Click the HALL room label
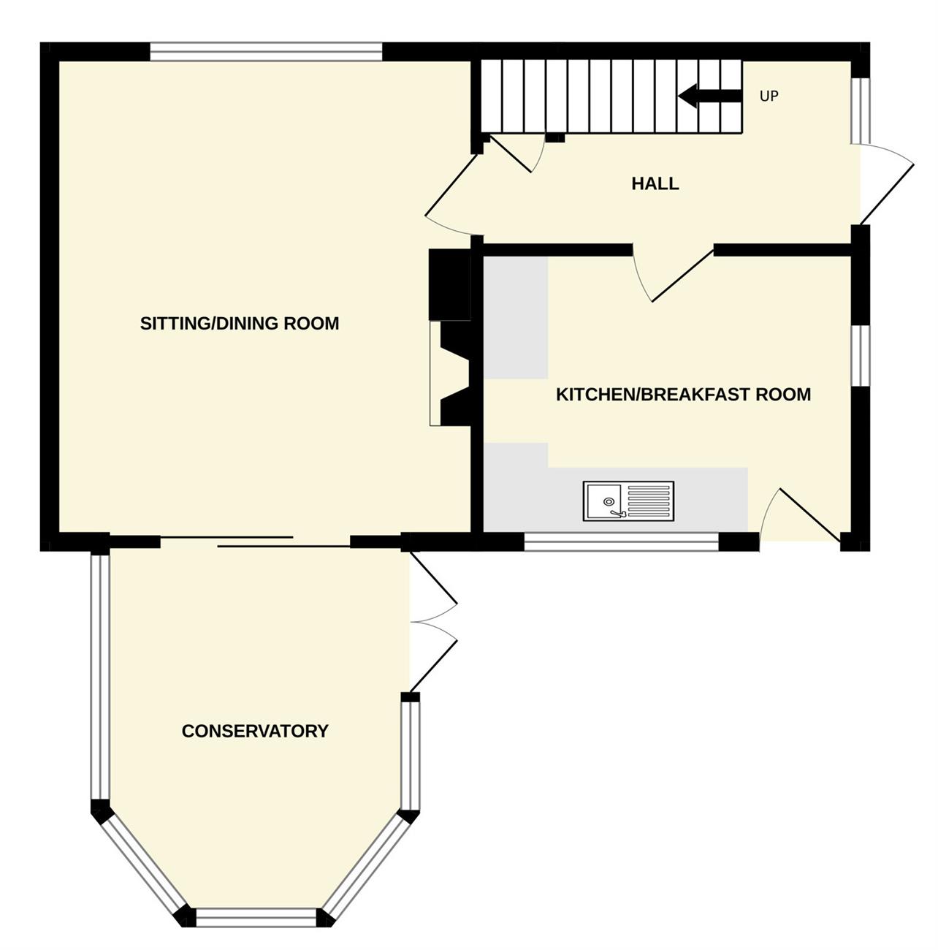[x=655, y=184]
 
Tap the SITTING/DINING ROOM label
[x=240, y=324]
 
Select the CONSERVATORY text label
[x=255, y=731]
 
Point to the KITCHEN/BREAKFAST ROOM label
[x=683, y=395]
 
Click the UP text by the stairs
[x=769, y=96]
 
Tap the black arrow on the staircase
[x=710, y=96]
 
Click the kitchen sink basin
[x=603, y=501]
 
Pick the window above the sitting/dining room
[x=266, y=52]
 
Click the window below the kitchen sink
[x=621, y=541]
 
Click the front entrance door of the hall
[x=885, y=184]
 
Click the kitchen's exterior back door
[x=799, y=515]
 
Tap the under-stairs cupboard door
[x=517, y=153]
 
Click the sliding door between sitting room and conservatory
[x=256, y=541]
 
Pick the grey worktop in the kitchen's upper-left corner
[x=516, y=317]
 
